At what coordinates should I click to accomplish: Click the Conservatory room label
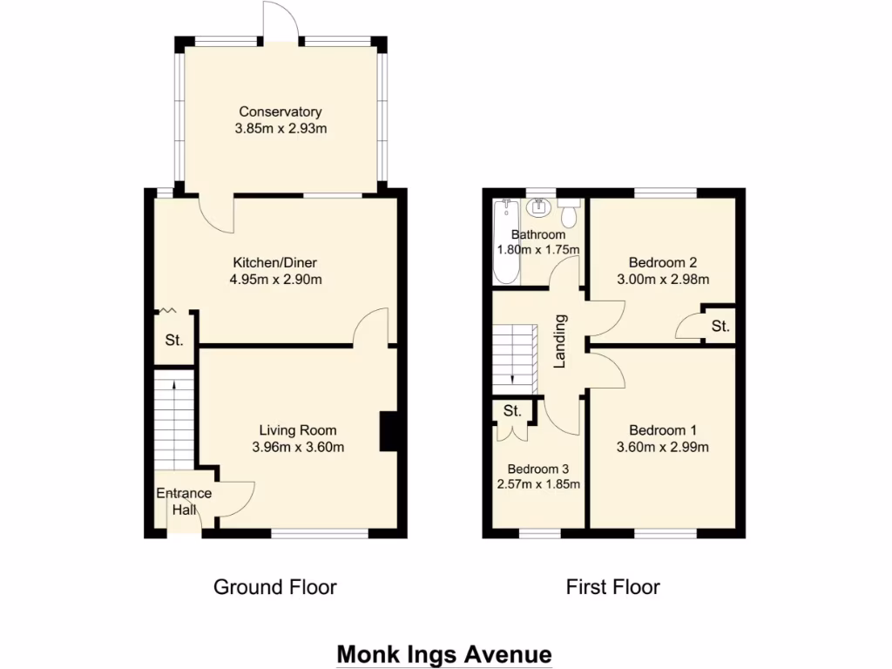280,111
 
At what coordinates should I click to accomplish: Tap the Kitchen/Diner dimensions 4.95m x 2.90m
278,280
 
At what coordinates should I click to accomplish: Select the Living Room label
297,430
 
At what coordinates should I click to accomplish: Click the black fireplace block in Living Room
387,432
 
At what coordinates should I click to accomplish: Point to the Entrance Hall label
183,502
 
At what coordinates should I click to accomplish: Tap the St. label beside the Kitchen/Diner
174,340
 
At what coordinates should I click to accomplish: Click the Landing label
561,341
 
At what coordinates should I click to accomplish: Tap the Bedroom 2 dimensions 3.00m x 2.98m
663,280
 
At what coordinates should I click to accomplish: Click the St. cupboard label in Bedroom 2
719,327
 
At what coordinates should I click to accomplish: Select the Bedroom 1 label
663,430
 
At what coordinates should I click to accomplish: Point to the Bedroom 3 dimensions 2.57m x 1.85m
538,484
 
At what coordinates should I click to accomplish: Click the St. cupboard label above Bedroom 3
511,410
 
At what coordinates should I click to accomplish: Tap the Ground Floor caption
274,587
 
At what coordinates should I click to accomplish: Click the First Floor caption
612,587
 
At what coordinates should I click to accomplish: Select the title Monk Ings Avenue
444,653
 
